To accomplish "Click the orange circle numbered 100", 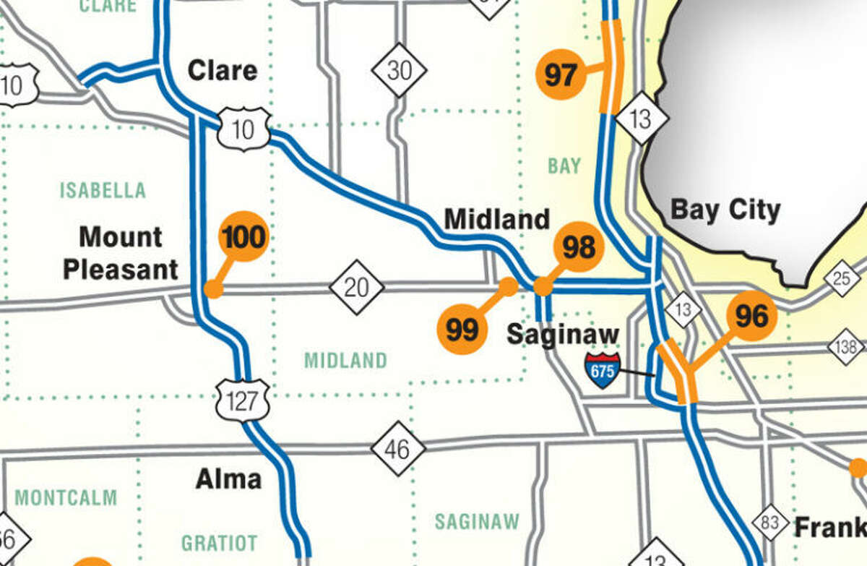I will point(243,236).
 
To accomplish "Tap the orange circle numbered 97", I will point(561,74).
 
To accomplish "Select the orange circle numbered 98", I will point(579,248).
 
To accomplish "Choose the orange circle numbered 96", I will point(751,316).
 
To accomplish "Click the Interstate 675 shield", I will point(603,370).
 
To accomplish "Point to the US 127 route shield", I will point(242,400).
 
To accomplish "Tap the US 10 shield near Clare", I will point(244,129).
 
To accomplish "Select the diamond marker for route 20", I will point(356,288).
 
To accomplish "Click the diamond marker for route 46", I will point(398,448).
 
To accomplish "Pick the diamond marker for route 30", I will point(400,70).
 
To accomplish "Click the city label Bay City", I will point(725,210).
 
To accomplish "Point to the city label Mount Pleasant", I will point(120,253).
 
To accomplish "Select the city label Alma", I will point(228,479).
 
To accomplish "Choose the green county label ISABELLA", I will point(103,191).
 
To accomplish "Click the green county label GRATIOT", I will point(219,542).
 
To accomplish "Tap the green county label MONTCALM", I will point(66,497).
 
